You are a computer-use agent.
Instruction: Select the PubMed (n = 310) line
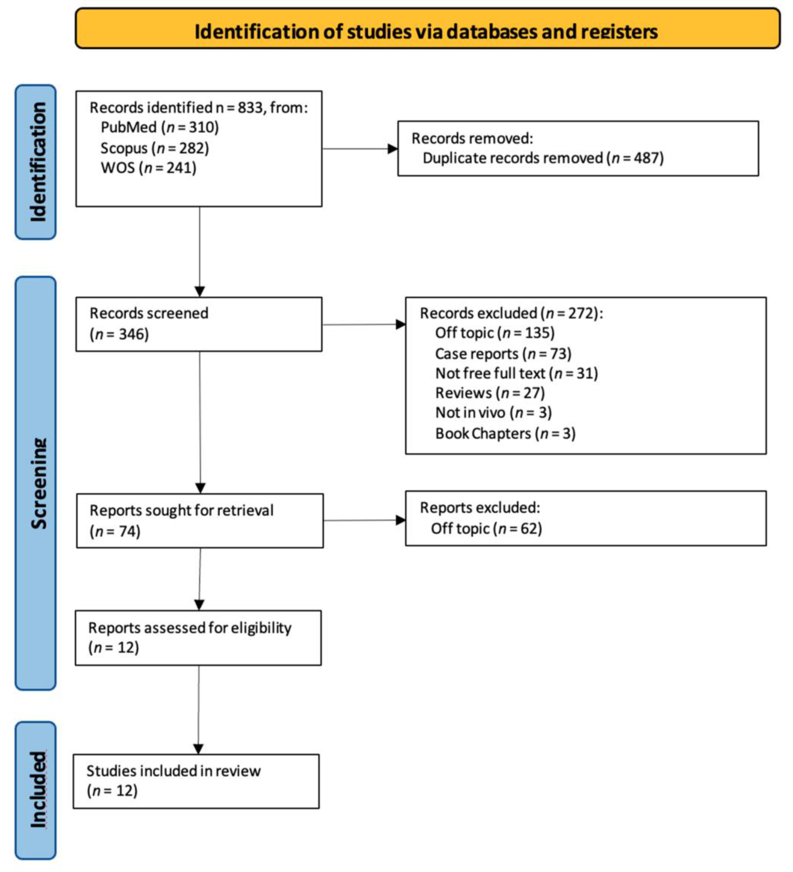[x=159, y=127]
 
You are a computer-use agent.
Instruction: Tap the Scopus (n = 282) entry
[x=154, y=148]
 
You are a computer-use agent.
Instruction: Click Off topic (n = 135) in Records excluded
[x=494, y=333]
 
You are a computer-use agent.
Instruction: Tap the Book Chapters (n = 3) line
[x=505, y=433]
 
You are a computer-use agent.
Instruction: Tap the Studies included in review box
[x=196, y=781]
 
